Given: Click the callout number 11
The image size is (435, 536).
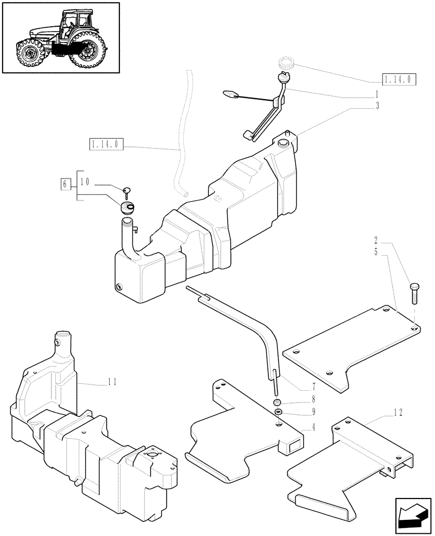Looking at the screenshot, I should click(111, 382).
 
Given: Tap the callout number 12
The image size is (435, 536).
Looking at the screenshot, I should click(397, 412).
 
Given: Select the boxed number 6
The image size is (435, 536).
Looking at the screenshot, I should click(65, 184).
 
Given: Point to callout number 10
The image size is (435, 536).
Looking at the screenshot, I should click(85, 182).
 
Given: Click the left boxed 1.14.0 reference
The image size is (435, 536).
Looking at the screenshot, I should click(107, 144).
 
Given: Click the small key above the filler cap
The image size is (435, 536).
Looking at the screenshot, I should click(127, 190).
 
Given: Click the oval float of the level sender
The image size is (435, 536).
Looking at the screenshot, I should click(230, 94).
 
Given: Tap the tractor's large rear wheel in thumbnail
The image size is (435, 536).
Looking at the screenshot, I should click(88, 50).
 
